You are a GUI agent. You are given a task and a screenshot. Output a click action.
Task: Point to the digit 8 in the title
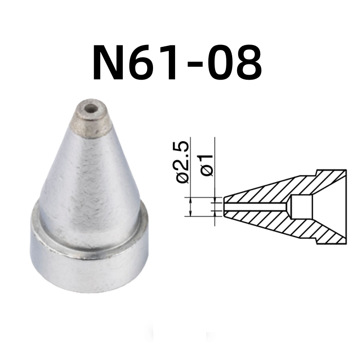(246, 63)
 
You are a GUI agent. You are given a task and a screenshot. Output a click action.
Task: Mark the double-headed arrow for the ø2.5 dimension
(191, 207)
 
